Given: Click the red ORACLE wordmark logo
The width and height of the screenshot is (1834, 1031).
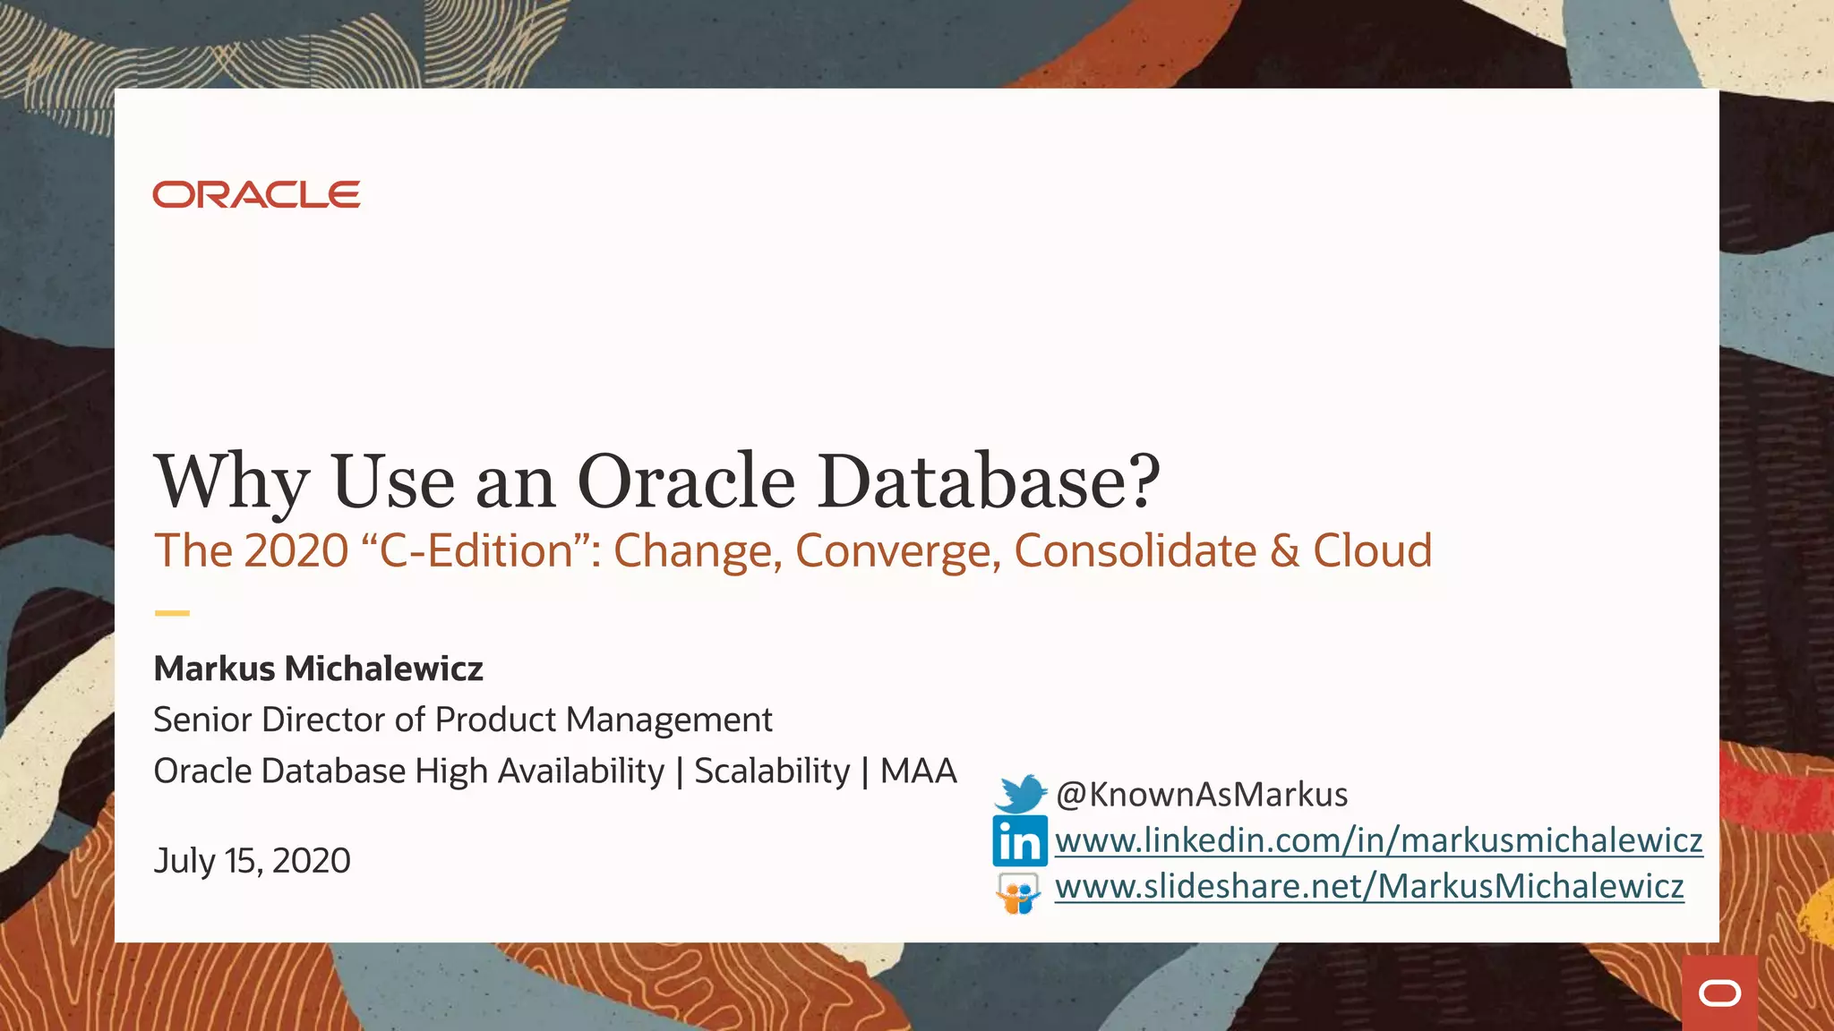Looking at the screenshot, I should (256, 194).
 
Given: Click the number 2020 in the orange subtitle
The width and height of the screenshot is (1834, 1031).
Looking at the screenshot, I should (296, 550).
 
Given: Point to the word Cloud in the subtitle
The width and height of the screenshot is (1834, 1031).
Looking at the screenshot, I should (1372, 550).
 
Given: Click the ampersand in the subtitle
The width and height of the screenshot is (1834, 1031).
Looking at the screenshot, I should (1284, 550).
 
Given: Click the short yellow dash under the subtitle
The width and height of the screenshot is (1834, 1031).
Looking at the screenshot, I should (172, 613).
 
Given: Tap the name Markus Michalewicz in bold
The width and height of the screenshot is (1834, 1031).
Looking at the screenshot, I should (318, 669).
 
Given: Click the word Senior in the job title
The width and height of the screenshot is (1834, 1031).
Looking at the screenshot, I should (202, 720).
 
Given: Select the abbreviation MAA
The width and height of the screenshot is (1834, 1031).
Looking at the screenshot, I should (918, 771).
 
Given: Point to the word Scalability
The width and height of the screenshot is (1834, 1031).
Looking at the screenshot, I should (772, 771).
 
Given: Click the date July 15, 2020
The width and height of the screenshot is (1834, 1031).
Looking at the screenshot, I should (252, 861).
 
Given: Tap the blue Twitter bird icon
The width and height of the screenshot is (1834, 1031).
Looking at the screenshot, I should (1020, 793).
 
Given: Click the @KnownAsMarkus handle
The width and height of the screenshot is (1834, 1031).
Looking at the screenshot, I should (1201, 795).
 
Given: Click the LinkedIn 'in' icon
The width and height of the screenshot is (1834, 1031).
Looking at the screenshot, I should (1019, 841).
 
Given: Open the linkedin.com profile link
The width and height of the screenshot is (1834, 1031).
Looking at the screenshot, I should (1378, 840).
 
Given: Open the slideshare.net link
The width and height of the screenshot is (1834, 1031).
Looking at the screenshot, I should (1369, 886).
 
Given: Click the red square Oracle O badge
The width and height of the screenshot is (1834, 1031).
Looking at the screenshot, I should (1719, 993).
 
